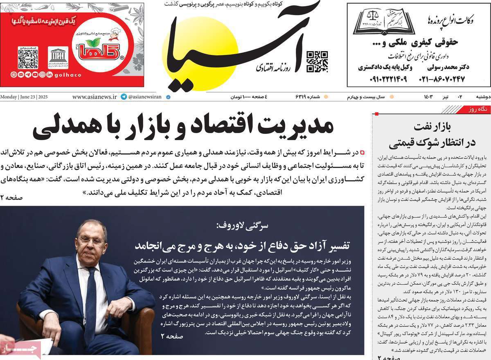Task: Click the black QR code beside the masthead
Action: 317,61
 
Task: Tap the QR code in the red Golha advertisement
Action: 28,58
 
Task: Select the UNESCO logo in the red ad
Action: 58,58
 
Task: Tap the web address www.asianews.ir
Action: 95,97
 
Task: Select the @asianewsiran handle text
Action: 145,97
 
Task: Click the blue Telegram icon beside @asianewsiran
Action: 124,97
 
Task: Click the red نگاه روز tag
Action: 477,110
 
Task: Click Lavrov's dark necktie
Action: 90,295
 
